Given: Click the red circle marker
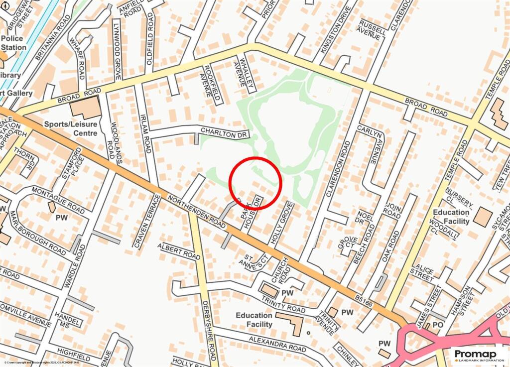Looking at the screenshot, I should (255, 183).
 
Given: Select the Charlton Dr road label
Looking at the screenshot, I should (224, 131).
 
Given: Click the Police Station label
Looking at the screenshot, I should (13, 43).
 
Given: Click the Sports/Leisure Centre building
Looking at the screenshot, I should (85, 108).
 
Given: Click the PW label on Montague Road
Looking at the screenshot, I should (61, 218).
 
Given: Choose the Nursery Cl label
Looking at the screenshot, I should (459, 198).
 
